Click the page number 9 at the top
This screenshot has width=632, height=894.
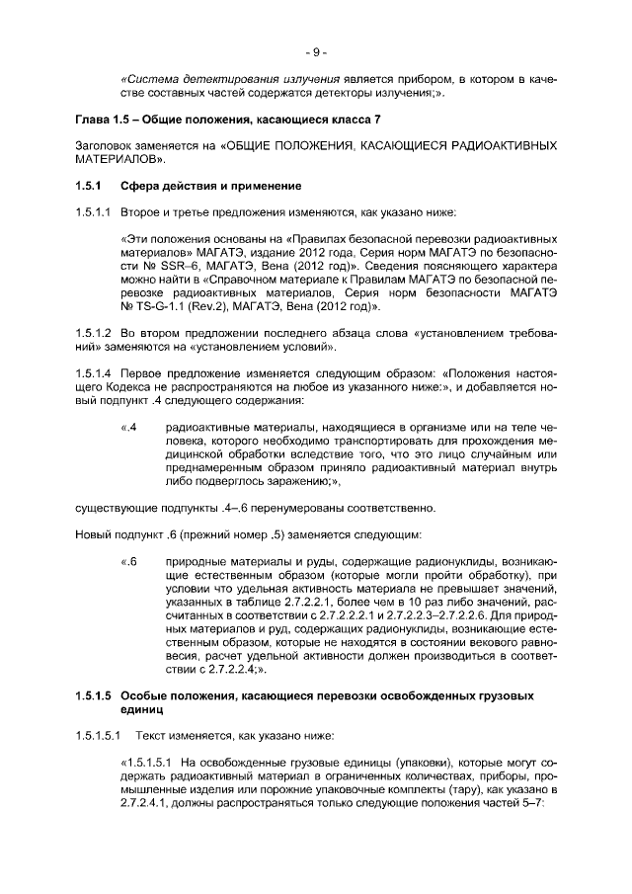pyautogui.click(x=316, y=51)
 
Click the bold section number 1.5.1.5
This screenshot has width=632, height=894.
pyautogui.click(x=94, y=695)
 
